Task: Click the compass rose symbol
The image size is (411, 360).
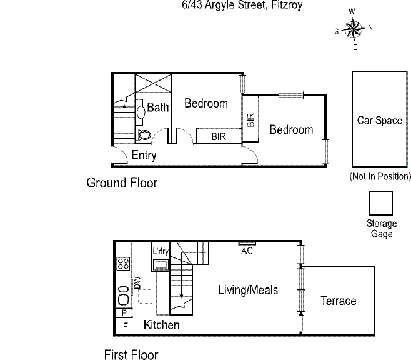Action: pyautogui.click(x=354, y=29)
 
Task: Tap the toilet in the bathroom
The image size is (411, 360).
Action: pyautogui.click(x=143, y=135)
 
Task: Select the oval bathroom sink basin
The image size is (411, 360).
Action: pyautogui.click(x=141, y=112)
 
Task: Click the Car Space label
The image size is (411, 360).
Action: pyautogui.click(x=379, y=121)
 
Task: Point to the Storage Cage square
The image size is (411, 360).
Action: pyautogui.click(x=380, y=204)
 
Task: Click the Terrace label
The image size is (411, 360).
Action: pyautogui.click(x=339, y=301)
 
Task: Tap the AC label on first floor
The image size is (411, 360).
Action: pyautogui.click(x=247, y=251)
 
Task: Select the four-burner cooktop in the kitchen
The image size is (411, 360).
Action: pyautogui.click(x=123, y=264)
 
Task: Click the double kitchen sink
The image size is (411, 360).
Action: pyautogui.click(x=124, y=296)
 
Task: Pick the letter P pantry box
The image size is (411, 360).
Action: pyautogui.click(x=124, y=312)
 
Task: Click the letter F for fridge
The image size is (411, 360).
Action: pyautogui.click(x=126, y=326)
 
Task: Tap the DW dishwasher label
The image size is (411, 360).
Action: pyautogui.click(x=137, y=283)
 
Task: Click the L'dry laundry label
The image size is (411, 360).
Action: pyautogui.click(x=161, y=251)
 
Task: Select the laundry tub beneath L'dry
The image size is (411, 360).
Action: pyautogui.click(x=161, y=264)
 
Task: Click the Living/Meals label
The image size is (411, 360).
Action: pyautogui.click(x=248, y=290)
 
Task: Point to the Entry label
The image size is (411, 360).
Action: pyautogui.click(x=144, y=155)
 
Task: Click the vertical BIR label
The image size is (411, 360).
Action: pyautogui.click(x=251, y=120)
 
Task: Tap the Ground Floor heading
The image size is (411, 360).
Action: pyautogui.click(x=122, y=182)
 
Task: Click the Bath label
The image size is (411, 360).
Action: pyautogui.click(x=158, y=107)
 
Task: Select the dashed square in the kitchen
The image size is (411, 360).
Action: pyautogui.click(x=145, y=296)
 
